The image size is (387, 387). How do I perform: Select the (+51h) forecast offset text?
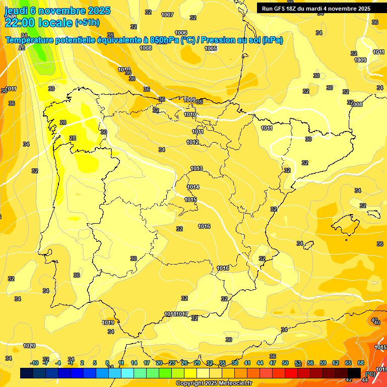tap(88, 22)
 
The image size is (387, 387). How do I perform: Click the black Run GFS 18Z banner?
tap(316, 9)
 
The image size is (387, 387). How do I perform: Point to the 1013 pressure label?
tap(197, 169)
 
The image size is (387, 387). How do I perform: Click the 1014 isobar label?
tap(193, 187)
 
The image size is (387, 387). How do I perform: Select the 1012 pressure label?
tap(192, 143)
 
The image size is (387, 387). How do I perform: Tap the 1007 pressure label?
tap(167, 15)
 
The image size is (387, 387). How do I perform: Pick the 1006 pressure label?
tap(181, 33)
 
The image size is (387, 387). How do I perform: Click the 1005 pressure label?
tap(211, 48)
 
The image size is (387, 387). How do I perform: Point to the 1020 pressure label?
tap(29, 346)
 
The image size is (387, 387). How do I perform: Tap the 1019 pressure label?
tap(108, 322)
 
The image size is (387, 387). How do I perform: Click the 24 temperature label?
tap(24, 35)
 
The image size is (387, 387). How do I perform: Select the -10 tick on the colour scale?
tap(34, 363)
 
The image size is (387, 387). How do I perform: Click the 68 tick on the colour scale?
tap(361, 363)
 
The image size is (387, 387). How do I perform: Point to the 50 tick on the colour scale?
tap(285, 363)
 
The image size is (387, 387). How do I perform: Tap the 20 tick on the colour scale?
tap(159, 363)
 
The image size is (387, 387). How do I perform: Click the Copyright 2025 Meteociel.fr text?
tap(214, 383)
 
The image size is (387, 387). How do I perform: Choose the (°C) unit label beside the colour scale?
tap(370, 373)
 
